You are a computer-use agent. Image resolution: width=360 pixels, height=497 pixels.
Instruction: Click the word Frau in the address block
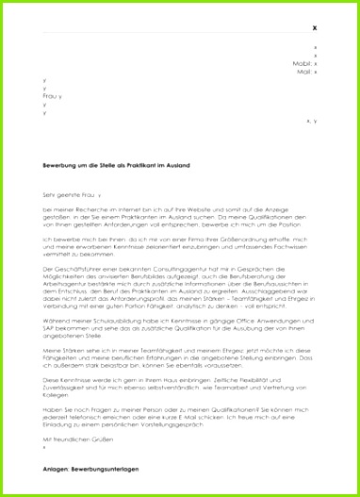click(50, 96)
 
